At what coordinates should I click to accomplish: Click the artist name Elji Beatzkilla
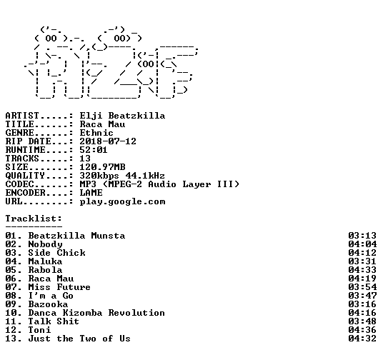click(x=122, y=116)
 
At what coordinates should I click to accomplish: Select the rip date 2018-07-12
click(x=108, y=141)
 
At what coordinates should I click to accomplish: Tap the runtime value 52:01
click(x=94, y=150)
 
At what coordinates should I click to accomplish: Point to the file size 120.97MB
click(x=103, y=167)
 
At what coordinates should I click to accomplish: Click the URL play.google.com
click(x=123, y=202)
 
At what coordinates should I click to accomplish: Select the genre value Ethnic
click(x=96, y=133)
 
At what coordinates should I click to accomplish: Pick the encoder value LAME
click(x=91, y=193)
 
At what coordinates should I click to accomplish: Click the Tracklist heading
click(x=34, y=219)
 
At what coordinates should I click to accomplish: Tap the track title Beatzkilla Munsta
click(x=76, y=236)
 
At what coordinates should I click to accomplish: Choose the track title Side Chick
click(x=57, y=253)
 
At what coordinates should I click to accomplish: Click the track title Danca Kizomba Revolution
click(x=96, y=313)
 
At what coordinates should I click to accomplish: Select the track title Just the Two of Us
click(x=79, y=339)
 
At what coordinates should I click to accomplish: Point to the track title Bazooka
click(x=48, y=304)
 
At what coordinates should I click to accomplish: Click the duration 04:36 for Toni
click(x=362, y=330)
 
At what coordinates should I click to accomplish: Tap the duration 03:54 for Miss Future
click(x=362, y=287)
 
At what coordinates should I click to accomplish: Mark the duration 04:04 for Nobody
click(x=362, y=244)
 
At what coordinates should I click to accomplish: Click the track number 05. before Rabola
click(x=14, y=270)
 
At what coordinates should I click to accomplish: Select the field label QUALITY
click(x=25, y=176)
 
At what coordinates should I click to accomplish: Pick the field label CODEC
click(x=19, y=184)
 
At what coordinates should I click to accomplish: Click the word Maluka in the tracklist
click(x=46, y=261)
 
